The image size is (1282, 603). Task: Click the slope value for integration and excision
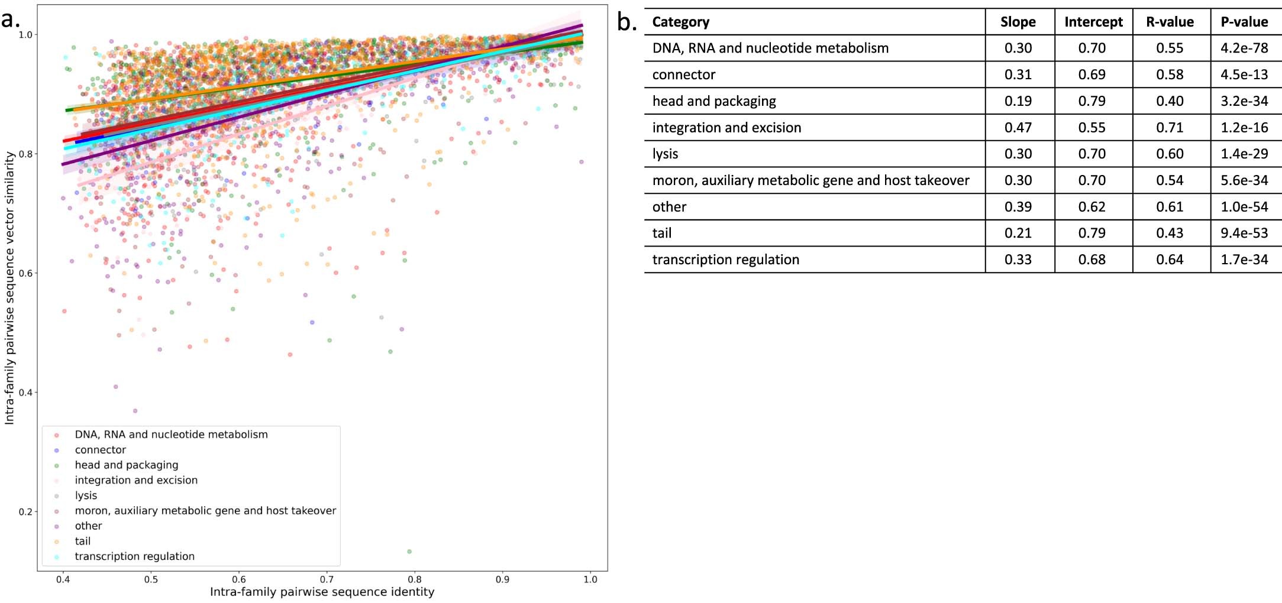[x=1018, y=128]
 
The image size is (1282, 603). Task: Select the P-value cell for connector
[x=1244, y=74]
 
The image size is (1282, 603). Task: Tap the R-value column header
[x=1170, y=22]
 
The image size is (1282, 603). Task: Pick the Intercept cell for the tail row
[x=1092, y=234]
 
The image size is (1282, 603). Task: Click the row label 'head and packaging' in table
[x=714, y=101]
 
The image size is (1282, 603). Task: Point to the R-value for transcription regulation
[x=1170, y=260]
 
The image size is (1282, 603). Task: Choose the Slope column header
[x=1018, y=22]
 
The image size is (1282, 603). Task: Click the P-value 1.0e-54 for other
[x=1244, y=207]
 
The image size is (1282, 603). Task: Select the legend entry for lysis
[x=86, y=495]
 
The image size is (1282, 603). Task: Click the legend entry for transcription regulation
[x=134, y=556]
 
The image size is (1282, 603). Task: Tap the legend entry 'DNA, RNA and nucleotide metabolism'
[x=171, y=435]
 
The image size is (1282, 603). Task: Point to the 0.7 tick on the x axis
[x=327, y=580]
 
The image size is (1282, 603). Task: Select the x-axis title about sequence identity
[x=322, y=592]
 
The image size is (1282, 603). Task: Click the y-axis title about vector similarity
[x=9, y=287]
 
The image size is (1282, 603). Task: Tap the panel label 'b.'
[x=627, y=22]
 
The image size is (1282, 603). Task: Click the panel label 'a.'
[x=11, y=20]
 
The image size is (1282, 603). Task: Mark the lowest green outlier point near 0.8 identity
[x=409, y=552]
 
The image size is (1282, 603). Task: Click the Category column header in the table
[x=680, y=22]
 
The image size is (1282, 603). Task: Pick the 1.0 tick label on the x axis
[x=590, y=580]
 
